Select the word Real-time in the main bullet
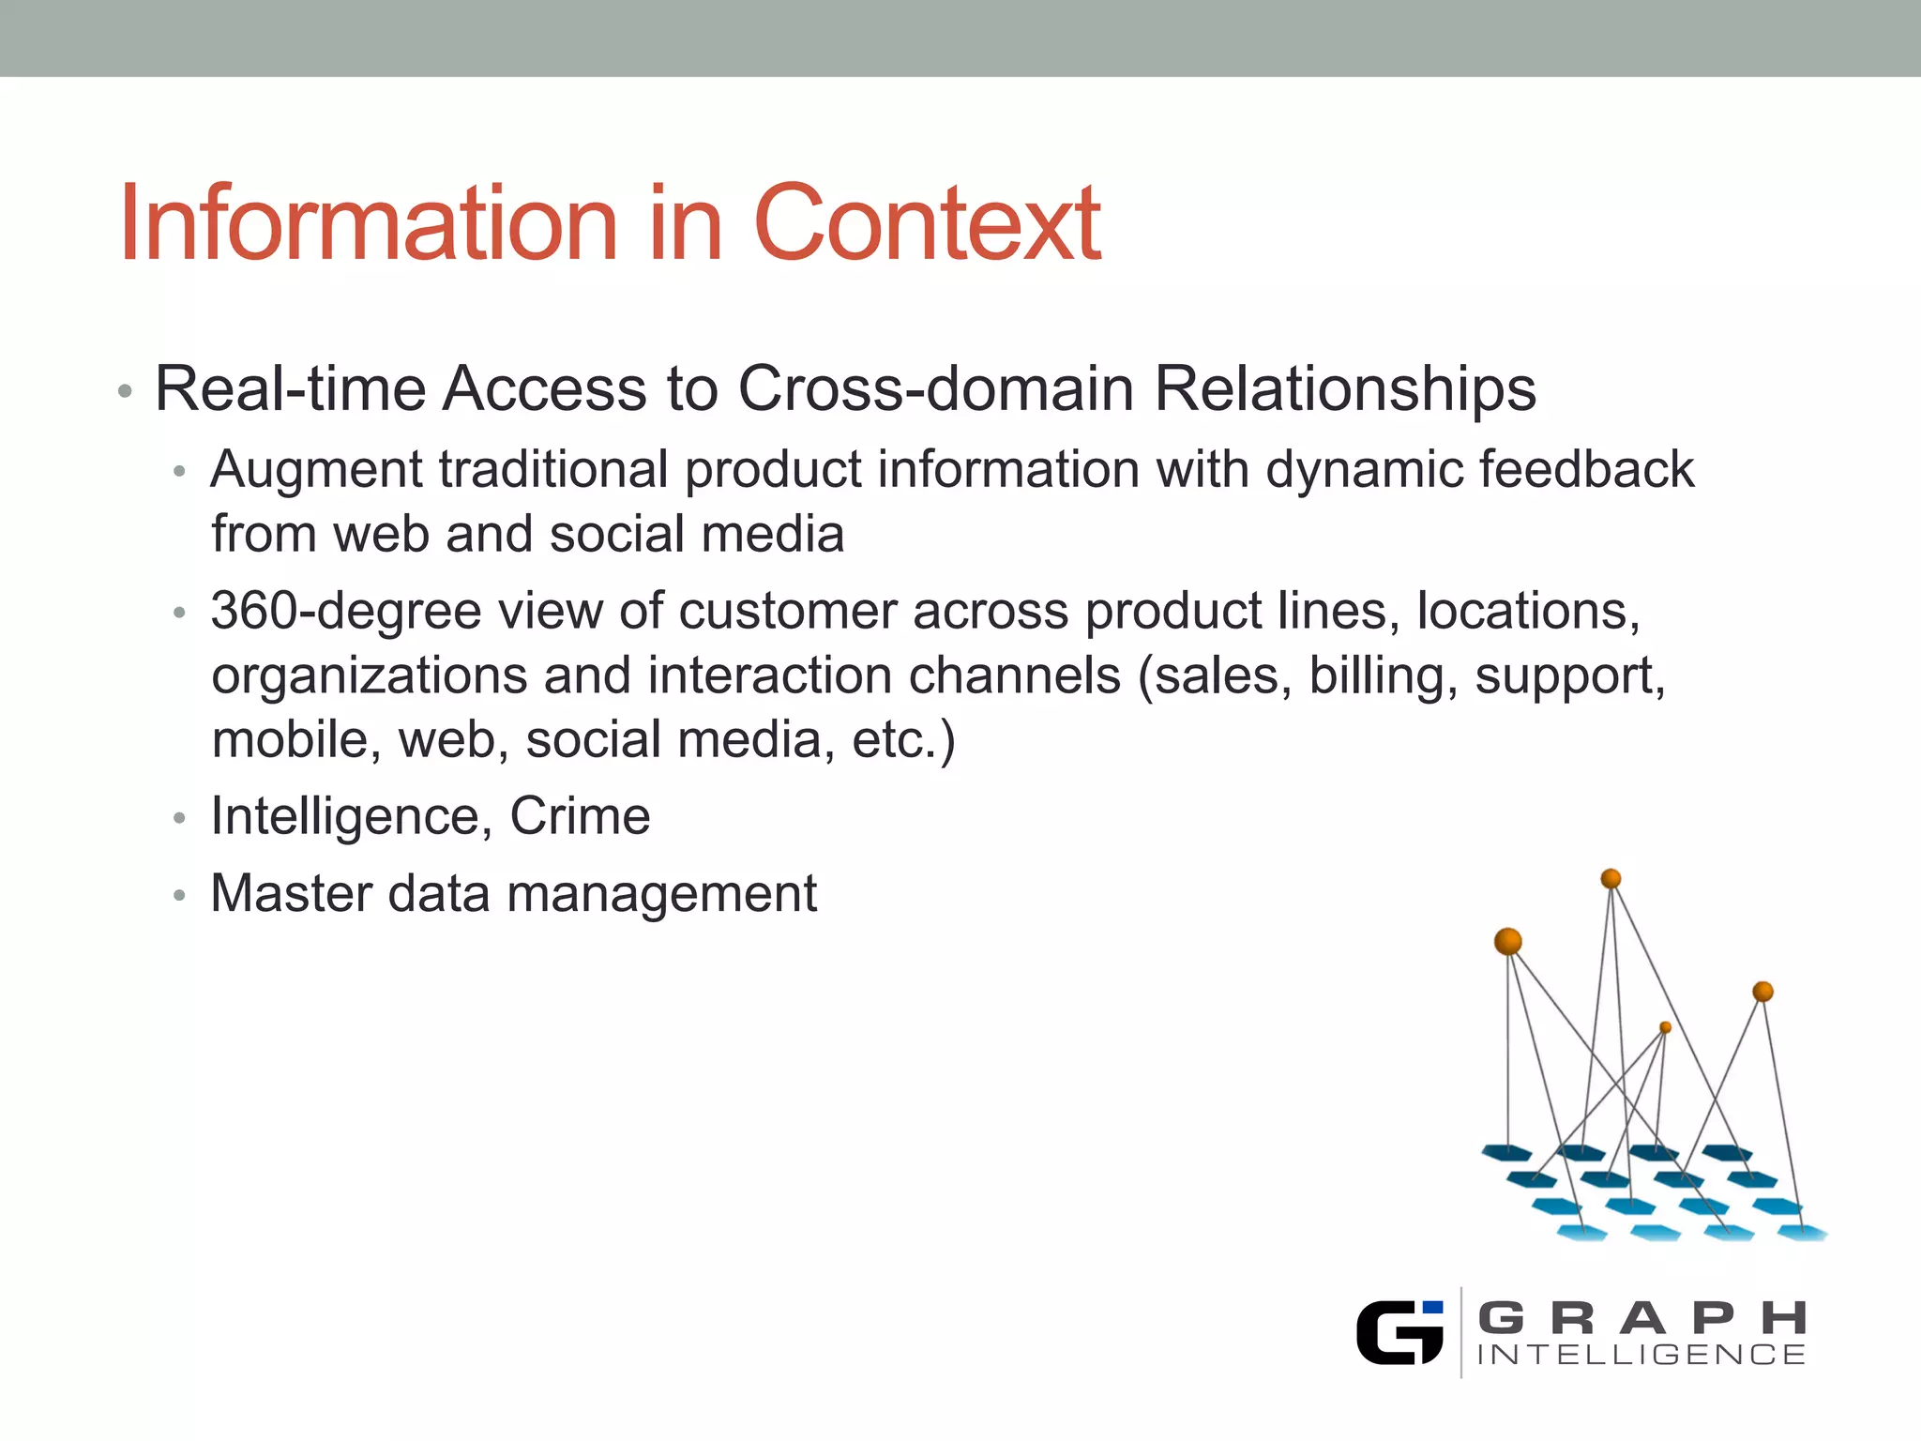pos(289,388)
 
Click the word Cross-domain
pos(936,388)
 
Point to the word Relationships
pos(1345,388)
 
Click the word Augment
pos(316,469)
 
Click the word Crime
pos(580,816)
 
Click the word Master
pos(291,893)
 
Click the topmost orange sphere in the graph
pos(1611,879)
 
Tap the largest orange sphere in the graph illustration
pos(1507,941)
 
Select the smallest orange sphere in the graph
pos(1665,1027)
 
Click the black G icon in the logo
pos(1399,1332)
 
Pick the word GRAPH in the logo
pos(1641,1318)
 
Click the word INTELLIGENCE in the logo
pos(1641,1355)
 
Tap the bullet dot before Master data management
pos(180,896)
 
